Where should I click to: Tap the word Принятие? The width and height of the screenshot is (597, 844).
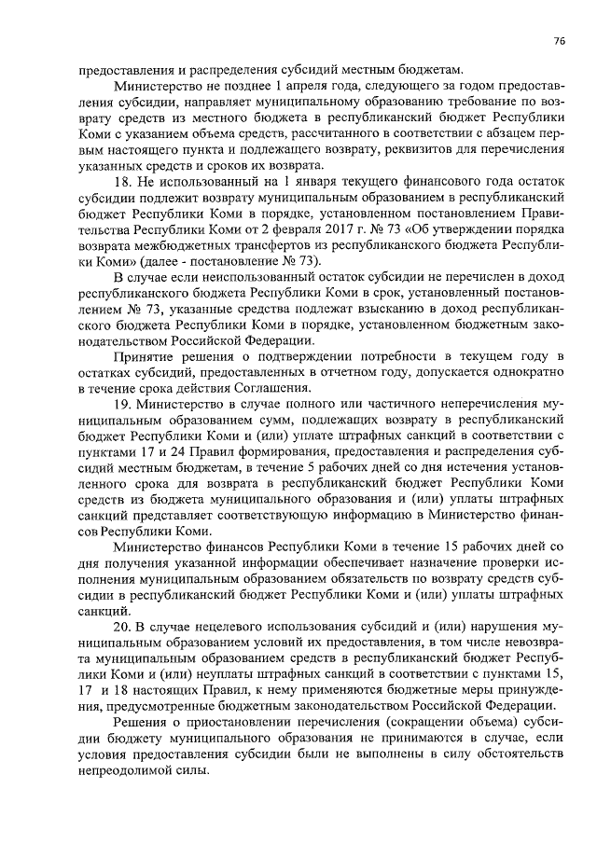[141, 353]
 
